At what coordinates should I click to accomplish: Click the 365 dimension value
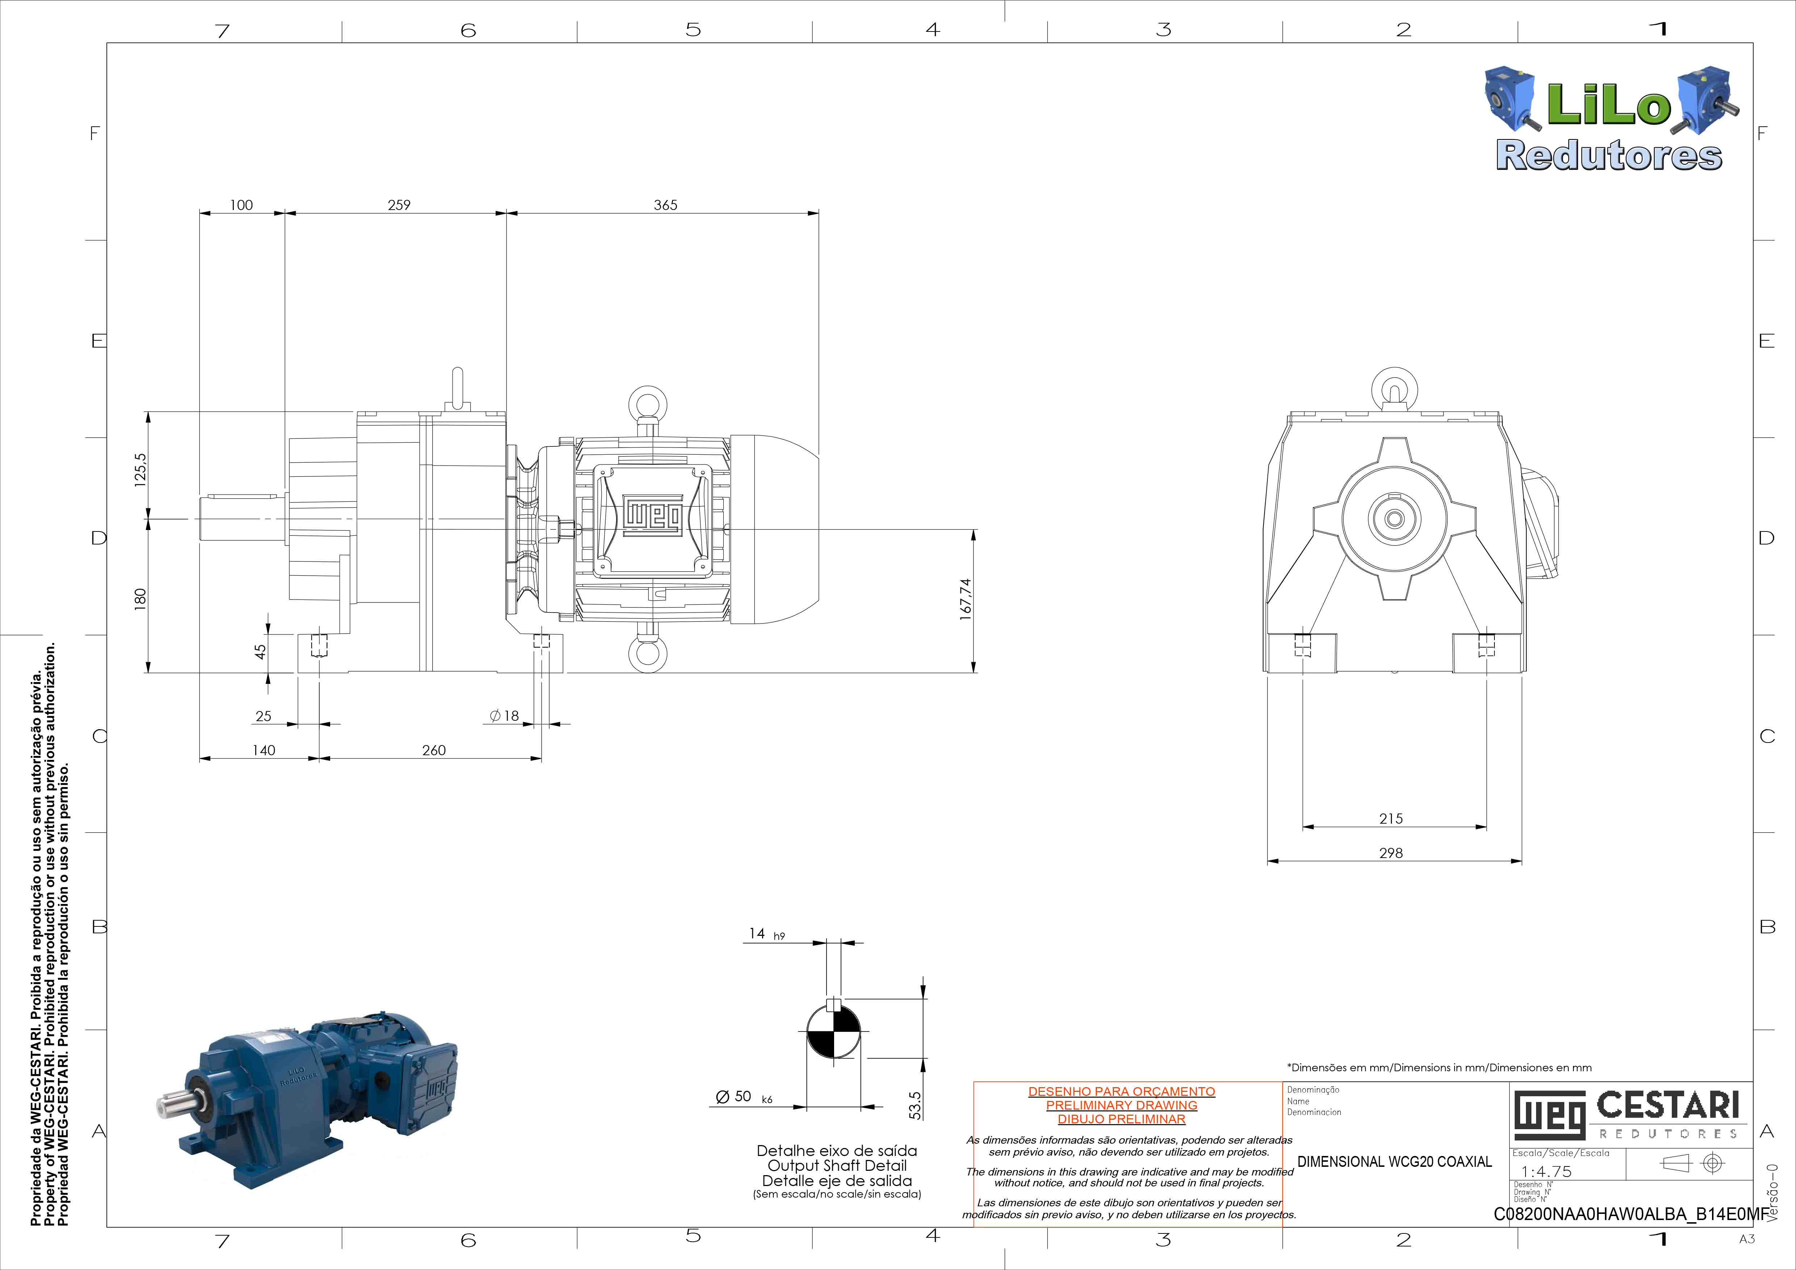[x=666, y=205]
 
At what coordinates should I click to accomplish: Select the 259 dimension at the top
[x=399, y=205]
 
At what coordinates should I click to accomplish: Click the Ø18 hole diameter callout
[x=505, y=715]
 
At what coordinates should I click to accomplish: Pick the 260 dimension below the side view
[x=434, y=750]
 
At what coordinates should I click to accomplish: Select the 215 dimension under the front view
[x=1391, y=819]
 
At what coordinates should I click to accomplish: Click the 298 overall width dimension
[x=1391, y=853]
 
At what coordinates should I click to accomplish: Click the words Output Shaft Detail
[x=837, y=1165]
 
